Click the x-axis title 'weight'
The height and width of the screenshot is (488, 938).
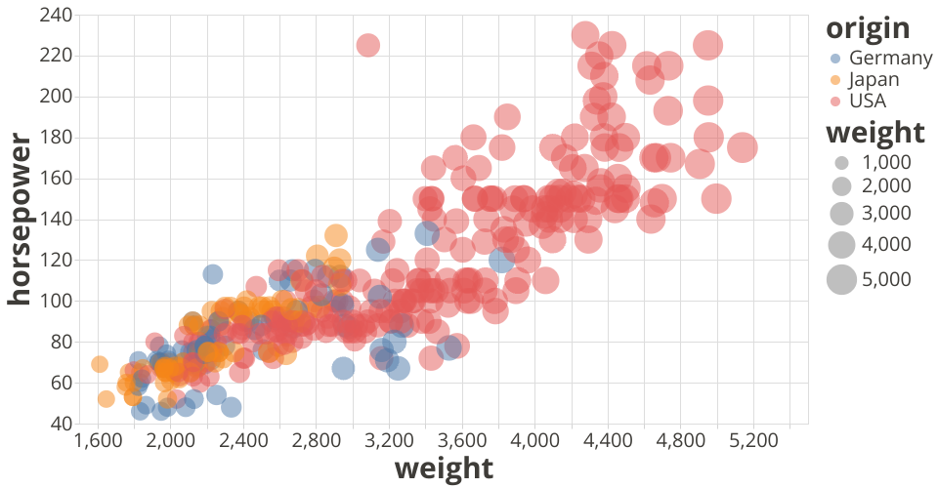pyautogui.click(x=443, y=468)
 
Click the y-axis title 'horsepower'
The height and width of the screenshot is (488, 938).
pyautogui.click(x=20, y=220)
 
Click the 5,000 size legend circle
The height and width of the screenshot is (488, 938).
pyautogui.click(x=841, y=279)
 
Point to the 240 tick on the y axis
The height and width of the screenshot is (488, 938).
pyautogui.click(x=58, y=15)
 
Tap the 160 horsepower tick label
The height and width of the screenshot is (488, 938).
pyautogui.click(x=58, y=178)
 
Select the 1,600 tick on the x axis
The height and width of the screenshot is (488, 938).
pyautogui.click(x=99, y=440)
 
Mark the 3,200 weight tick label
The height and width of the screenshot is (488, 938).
pyautogui.click(x=390, y=440)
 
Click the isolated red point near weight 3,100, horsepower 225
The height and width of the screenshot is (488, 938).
pyautogui.click(x=367, y=45)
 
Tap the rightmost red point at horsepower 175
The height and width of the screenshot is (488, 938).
pyautogui.click(x=742, y=147)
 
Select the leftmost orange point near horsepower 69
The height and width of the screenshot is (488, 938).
pyautogui.click(x=99, y=364)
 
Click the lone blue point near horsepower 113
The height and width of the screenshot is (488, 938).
pyautogui.click(x=212, y=274)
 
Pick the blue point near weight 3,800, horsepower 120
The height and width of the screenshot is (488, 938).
pyautogui.click(x=501, y=261)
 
